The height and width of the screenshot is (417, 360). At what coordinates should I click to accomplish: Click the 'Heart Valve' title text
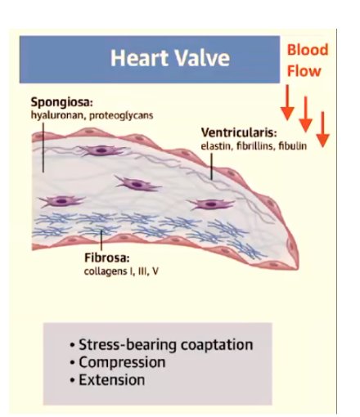pyautogui.click(x=170, y=58)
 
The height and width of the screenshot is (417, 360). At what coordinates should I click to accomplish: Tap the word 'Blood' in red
pyautogui.click(x=308, y=50)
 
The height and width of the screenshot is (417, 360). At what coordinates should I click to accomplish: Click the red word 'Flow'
pyautogui.click(x=304, y=71)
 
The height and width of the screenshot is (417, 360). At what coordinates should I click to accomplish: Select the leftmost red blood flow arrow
pyautogui.click(x=287, y=102)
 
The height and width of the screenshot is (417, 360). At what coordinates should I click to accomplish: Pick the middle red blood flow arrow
pyautogui.click(x=305, y=114)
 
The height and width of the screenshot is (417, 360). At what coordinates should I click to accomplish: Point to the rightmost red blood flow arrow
pyautogui.click(x=322, y=129)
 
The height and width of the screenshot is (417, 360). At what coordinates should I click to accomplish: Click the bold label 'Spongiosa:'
pyautogui.click(x=62, y=103)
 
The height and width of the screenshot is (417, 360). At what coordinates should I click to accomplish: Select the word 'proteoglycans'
pyautogui.click(x=121, y=115)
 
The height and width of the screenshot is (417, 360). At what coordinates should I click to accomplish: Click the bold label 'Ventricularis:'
pyautogui.click(x=239, y=132)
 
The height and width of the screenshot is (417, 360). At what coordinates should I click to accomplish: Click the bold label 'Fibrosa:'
pyautogui.click(x=107, y=258)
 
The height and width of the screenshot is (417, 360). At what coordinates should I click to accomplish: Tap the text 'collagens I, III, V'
pyautogui.click(x=121, y=271)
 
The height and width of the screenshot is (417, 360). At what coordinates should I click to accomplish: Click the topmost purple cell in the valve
pyautogui.click(x=101, y=150)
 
